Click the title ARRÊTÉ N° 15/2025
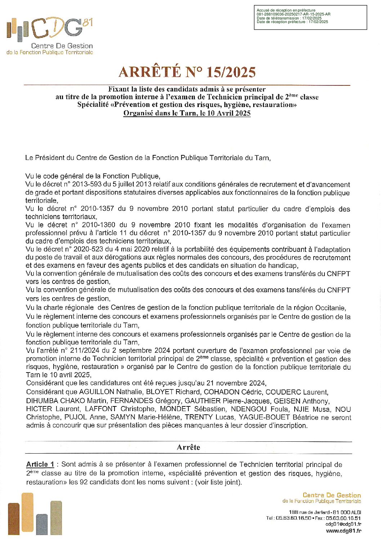click(x=187, y=72)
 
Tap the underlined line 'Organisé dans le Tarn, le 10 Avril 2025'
click(x=187, y=113)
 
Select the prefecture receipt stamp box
click(x=310, y=17)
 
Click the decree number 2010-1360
click(x=98, y=225)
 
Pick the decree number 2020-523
click(x=88, y=249)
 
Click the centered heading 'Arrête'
click(x=188, y=447)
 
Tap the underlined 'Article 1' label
click(x=40, y=464)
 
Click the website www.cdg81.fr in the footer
click(x=343, y=531)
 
